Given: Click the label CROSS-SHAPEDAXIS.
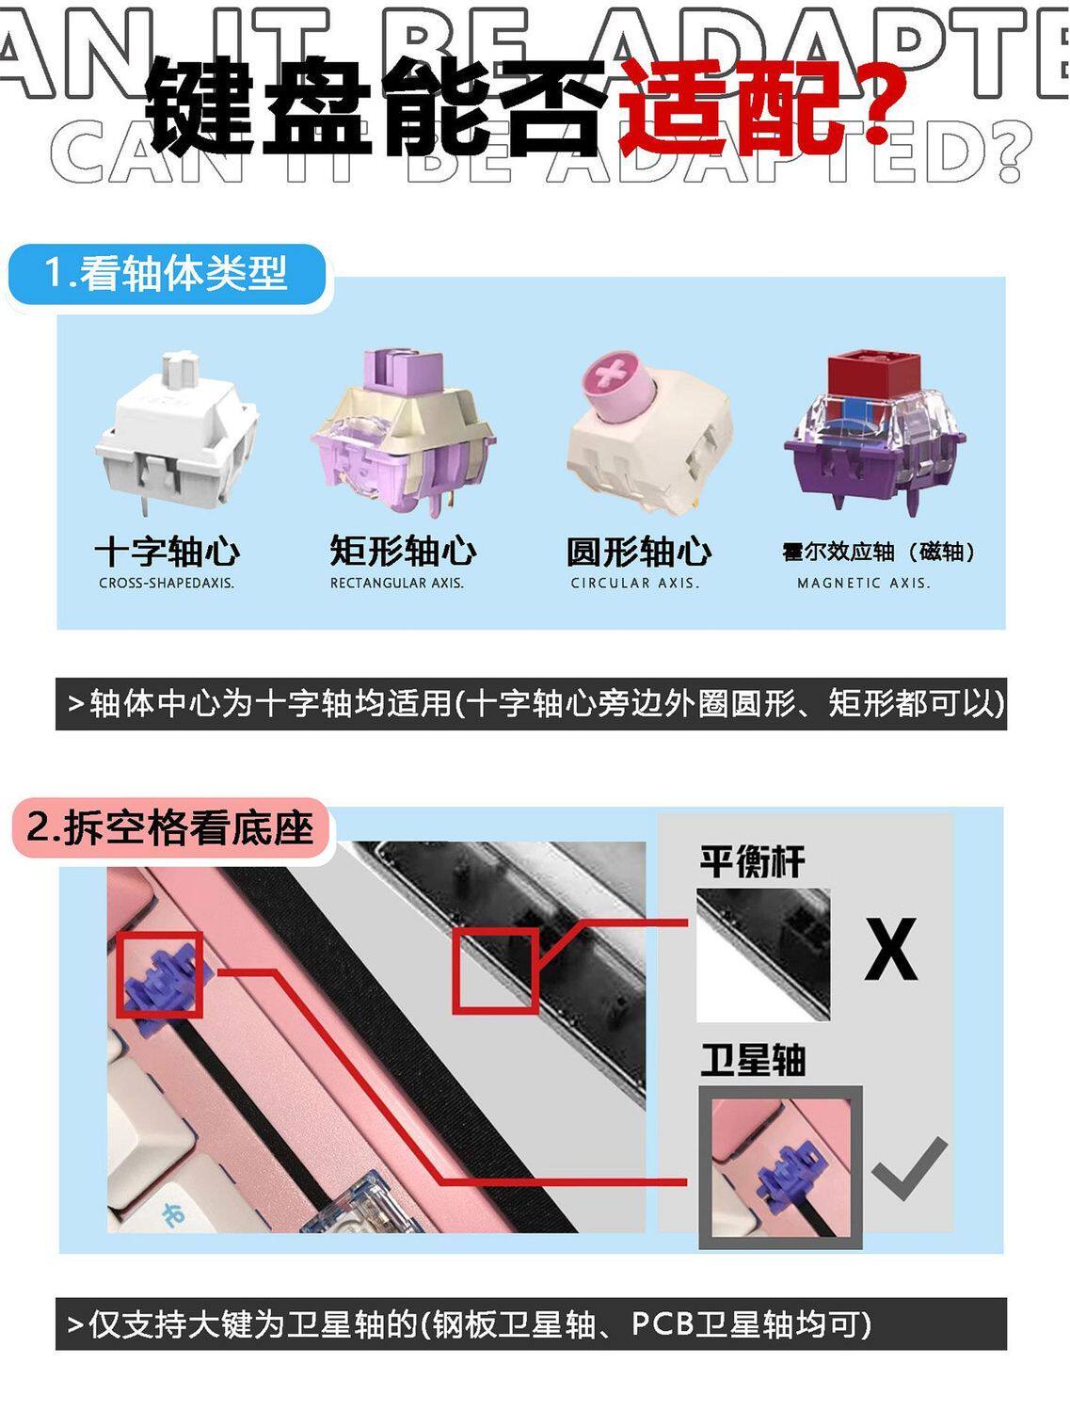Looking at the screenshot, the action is coord(168,584).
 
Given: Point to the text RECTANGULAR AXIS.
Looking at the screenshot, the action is coord(397,584).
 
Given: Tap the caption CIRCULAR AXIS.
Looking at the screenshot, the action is coord(635,584).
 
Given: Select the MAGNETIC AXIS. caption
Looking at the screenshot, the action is coord(864,584).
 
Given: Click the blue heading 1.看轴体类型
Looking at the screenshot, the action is coord(167,275).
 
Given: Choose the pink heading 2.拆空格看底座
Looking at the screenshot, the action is coord(171,828).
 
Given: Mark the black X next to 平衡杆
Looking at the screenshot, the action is coord(890,949).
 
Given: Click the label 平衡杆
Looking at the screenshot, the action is coord(752,860).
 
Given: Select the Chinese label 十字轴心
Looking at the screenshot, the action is coord(168,552).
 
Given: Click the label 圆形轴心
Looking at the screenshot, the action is coord(639,552).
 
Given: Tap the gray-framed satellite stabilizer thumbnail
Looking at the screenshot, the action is coord(780,1168).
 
